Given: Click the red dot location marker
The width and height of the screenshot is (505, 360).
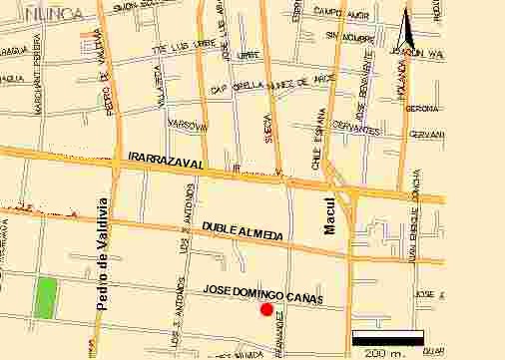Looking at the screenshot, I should point(266,309).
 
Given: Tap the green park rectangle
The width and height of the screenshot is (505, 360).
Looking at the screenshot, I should point(45,298).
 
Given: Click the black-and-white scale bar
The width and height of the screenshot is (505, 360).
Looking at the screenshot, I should point(388,338).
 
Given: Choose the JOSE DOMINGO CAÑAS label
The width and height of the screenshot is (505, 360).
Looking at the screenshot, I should point(263,289).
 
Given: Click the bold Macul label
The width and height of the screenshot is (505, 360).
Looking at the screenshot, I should point(331,215).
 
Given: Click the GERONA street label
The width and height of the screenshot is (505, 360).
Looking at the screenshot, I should point(424,108).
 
